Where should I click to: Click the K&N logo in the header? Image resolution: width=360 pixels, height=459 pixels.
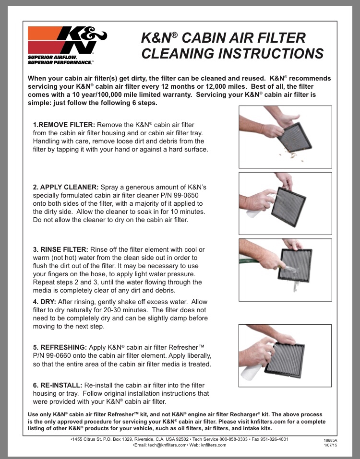point(67,40)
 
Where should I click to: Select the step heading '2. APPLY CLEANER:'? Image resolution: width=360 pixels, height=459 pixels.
point(65,187)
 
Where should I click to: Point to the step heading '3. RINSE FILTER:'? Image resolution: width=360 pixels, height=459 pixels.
point(60,249)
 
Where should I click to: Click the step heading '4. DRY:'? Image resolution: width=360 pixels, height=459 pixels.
point(45,302)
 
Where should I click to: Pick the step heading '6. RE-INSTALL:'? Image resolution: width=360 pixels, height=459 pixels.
point(58,385)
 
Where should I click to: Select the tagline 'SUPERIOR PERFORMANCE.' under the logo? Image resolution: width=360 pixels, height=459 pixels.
point(60,63)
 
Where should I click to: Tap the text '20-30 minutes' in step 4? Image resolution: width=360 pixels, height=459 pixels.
point(141,310)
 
